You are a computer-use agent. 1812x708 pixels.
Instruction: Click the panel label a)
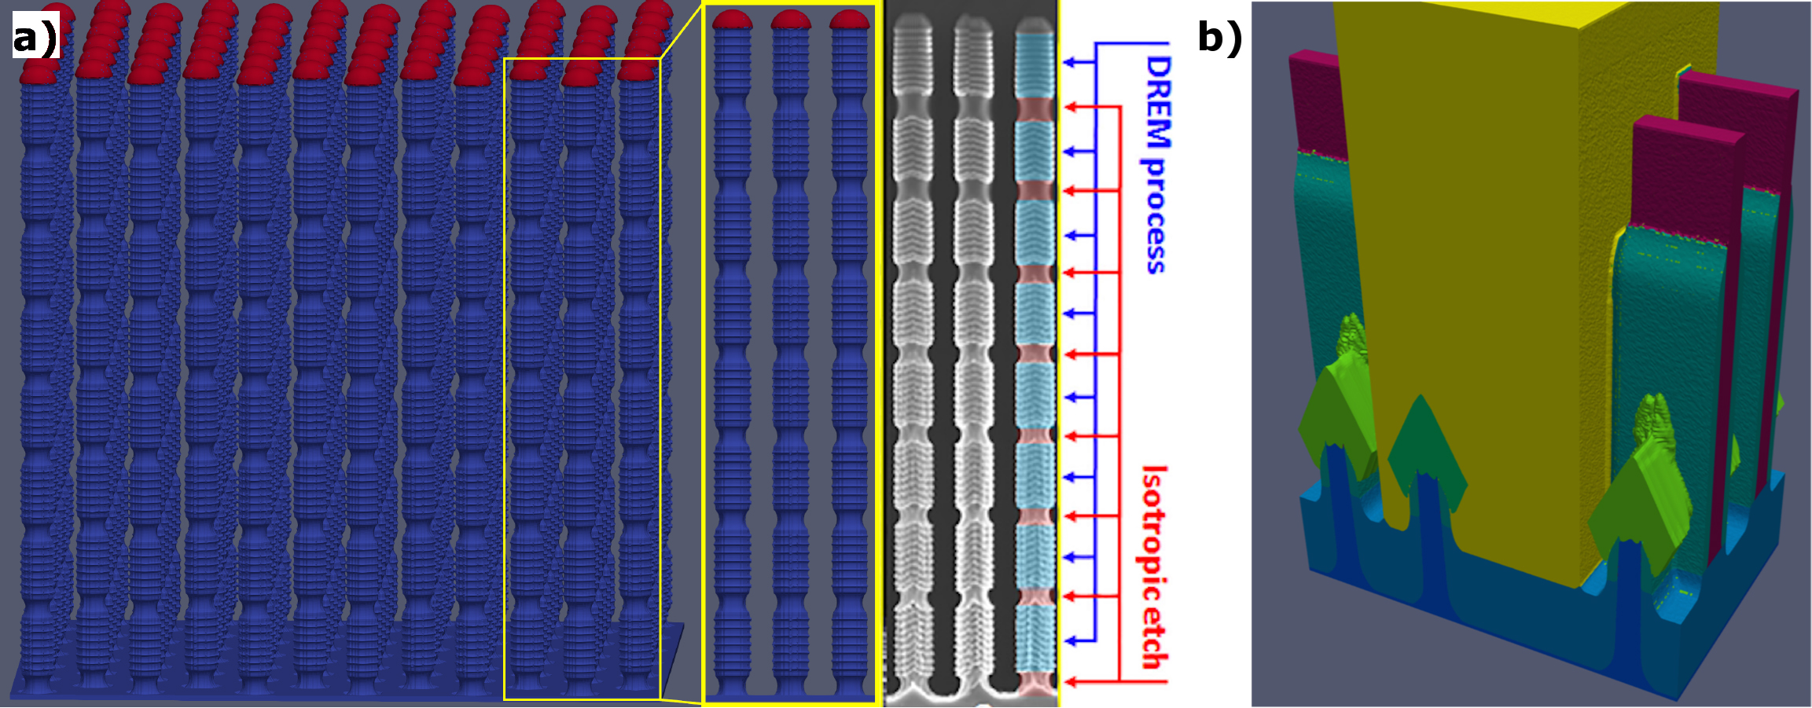point(35,36)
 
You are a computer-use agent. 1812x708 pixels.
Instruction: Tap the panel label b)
point(1219,36)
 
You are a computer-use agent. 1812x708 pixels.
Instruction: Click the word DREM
point(1156,102)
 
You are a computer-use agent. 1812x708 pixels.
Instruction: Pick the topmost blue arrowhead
point(1068,61)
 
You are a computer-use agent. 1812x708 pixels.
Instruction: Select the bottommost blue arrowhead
point(1068,641)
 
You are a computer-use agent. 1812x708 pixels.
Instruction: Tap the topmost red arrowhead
point(1068,106)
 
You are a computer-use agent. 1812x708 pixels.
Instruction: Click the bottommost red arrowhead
point(1068,681)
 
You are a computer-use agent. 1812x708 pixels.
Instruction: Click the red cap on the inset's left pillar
point(733,20)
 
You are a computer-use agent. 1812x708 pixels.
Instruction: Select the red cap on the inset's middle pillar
point(791,20)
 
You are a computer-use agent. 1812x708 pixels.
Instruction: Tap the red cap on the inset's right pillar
point(850,20)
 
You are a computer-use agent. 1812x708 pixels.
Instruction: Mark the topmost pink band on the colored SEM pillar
point(1035,108)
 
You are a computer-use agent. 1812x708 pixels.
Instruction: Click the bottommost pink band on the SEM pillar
point(1035,683)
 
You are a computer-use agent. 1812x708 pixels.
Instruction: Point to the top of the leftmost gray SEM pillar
point(912,24)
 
